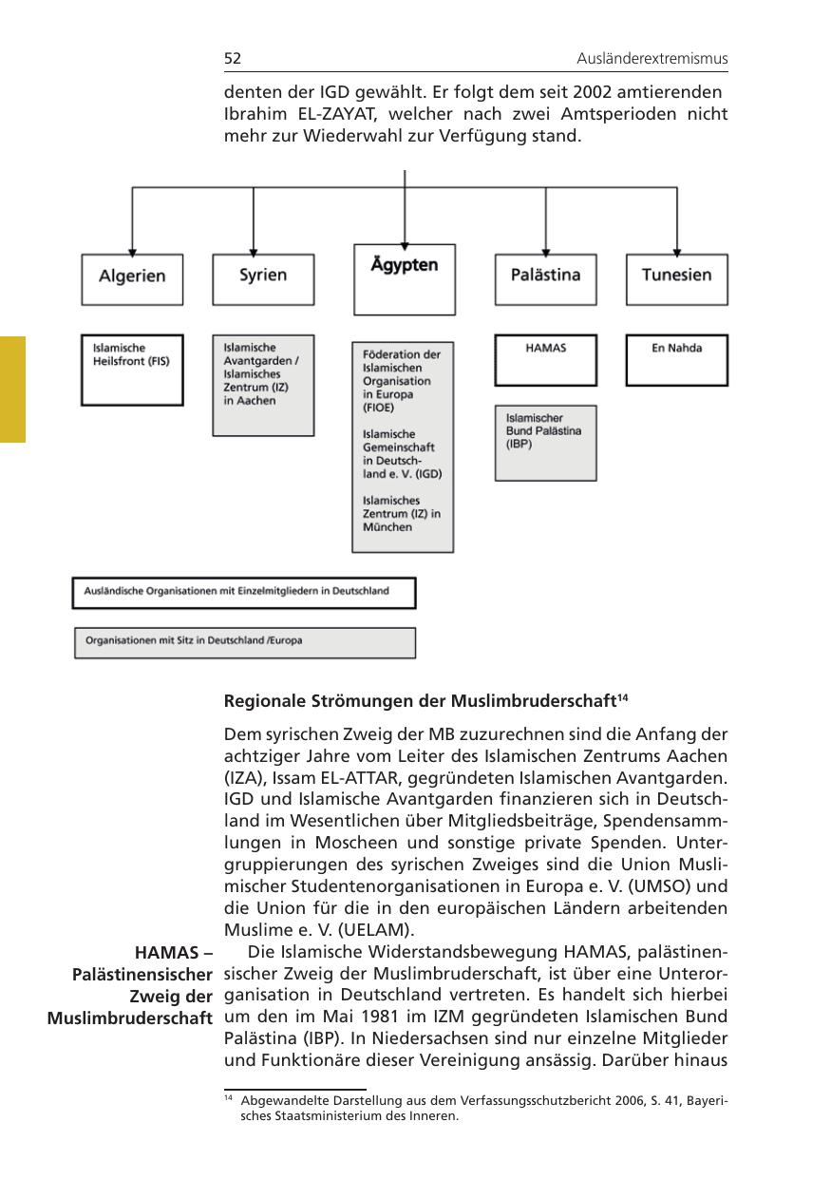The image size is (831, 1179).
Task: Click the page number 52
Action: [x=233, y=59]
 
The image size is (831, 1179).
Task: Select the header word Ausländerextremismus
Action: [x=652, y=59]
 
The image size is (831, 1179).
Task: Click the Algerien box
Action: [x=132, y=277]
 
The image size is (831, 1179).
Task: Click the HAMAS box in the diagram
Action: [x=546, y=358]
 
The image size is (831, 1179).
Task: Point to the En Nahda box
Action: [x=677, y=358]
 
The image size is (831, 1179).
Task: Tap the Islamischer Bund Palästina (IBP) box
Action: [x=546, y=442]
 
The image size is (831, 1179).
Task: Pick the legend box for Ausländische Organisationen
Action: [x=245, y=592]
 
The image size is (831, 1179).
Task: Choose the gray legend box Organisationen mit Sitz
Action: [x=245, y=641]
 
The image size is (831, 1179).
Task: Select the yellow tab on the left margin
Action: [x=12, y=389]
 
